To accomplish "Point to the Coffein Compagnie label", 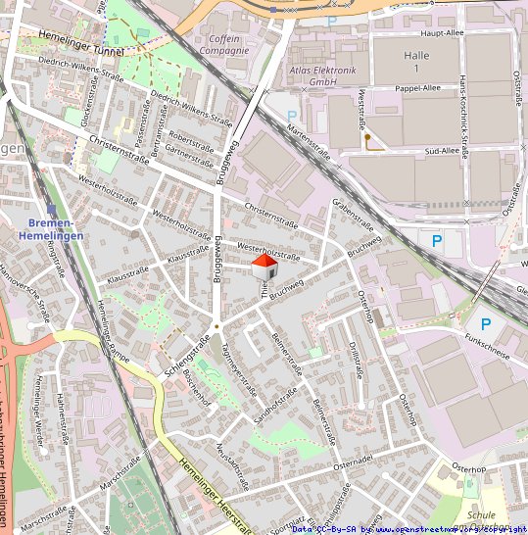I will (224, 44).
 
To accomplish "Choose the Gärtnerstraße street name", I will (189, 151).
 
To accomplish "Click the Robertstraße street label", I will (191, 137).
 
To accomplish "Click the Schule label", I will (482, 514).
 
